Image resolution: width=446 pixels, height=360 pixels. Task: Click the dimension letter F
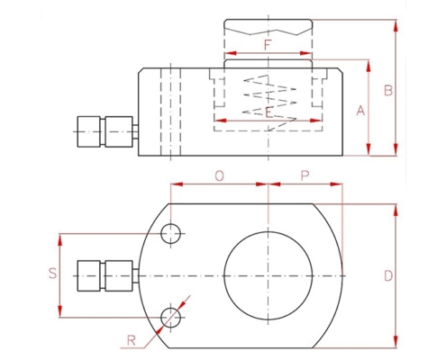click(x=268, y=45)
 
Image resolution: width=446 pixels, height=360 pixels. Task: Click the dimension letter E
click(x=269, y=112)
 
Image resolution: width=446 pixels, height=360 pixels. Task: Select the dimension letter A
click(x=360, y=111)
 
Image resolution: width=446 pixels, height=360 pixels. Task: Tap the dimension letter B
click(x=388, y=90)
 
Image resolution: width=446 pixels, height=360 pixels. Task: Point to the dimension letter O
click(x=220, y=176)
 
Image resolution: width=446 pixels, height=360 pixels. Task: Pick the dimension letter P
click(x=305, y=175)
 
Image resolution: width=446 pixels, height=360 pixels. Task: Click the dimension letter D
click(x=388, y=275)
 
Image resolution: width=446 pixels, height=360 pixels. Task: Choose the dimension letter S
click(x=53, y=274)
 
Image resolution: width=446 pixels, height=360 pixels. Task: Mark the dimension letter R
click(x=132, y=341)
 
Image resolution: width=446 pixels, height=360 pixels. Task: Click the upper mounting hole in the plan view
click(x=170, y=233)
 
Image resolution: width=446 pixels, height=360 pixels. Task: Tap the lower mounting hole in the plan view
click(x=170, y=318)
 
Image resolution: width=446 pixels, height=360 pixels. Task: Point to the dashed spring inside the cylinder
click(x=269, y=103)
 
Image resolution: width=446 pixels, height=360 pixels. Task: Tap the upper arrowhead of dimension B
click(x=396, y=25)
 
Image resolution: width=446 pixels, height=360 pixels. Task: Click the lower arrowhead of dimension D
click(x=396, y=342)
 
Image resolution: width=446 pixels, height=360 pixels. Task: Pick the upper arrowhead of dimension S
click(x=60, y=239)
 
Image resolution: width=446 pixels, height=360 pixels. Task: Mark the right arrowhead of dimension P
click(x=336, y=184)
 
